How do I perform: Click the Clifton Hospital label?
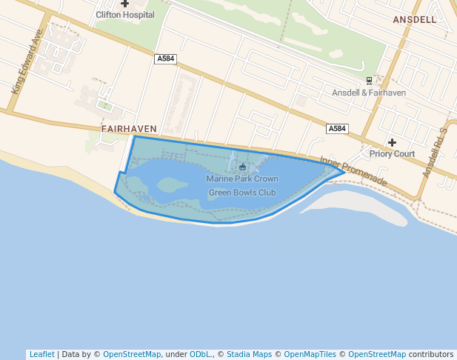tap(124, 14)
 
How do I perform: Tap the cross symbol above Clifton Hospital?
tap(124, 4)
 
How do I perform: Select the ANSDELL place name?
tap(415, 20)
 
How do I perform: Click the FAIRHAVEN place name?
tap(129, 128)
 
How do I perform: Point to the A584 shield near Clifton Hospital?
tap(165, 59)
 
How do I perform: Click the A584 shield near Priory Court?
tap(337, 129)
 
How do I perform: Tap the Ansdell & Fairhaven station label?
tap(369, 93)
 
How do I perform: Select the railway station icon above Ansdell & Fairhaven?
tap(369, 81)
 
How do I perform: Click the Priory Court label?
tap(392, 154)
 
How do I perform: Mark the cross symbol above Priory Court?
tap(392, 142)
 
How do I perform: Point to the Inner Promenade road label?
tap(353, 171)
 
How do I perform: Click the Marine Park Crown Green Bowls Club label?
tap(242, 186)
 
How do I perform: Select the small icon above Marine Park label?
tap(242, 167)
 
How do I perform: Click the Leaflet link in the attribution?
tap(41, 355)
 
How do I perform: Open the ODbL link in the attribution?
tap(201, 355)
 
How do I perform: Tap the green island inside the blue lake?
tap(172, 184)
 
